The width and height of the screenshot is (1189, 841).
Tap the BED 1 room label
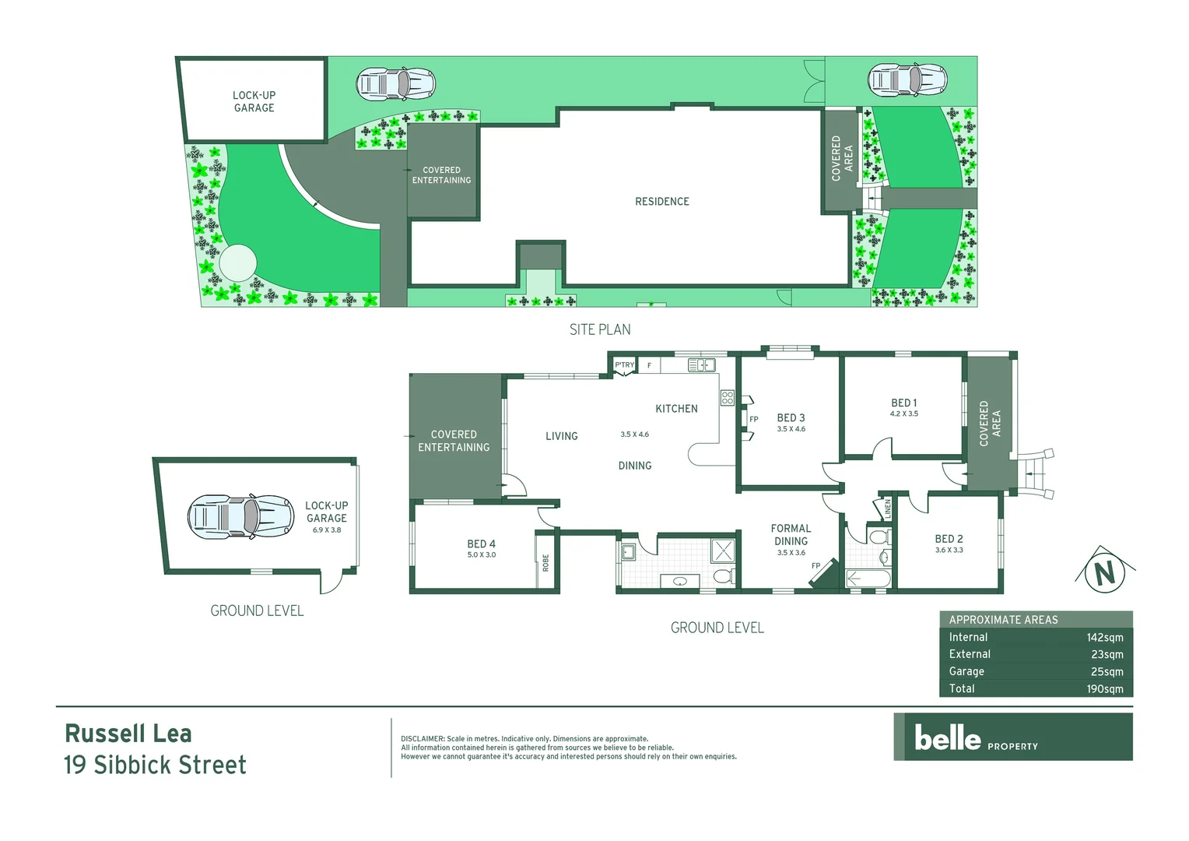(x=903, y=403)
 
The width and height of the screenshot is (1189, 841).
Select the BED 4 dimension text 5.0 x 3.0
(x=481, y=555)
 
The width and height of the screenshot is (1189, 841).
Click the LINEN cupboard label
(x=887, y=509)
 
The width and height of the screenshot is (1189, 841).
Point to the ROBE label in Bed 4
(x=545, y=562)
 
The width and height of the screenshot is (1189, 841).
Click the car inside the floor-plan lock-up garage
(x=240, y=516)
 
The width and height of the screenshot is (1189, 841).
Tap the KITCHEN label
(x=676, y=409)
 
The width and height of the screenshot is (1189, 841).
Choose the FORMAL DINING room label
(x=791, y=534)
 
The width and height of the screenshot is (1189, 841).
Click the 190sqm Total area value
(x=1104, y=688)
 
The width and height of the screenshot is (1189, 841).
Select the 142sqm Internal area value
(x=1104, y=637)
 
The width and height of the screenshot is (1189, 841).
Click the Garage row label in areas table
(x=966, y=671)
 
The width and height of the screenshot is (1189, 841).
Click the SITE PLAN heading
(x=600, y=329)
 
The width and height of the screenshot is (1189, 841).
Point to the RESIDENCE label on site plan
(x=662, y=202)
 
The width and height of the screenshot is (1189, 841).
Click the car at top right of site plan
(x=907, y=79)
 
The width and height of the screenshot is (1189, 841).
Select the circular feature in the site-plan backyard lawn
(x=237, y=263)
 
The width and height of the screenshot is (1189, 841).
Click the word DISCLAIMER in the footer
(x=423, y=739)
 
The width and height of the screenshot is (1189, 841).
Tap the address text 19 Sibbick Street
(x=155, y=765)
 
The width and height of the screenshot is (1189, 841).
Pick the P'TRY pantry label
(x=624, y=364)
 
